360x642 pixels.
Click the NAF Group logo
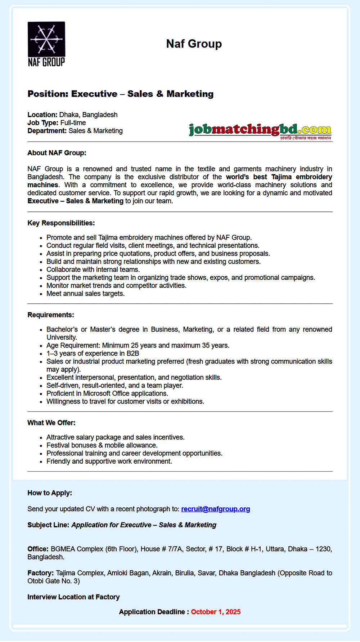(x=46, y=44)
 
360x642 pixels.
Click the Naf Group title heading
(x=194, y=44)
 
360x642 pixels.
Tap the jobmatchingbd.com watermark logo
(x=260, y=130)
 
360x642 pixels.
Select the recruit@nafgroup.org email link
(x=215, y=509)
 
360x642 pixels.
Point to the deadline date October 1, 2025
(x=216, y=612)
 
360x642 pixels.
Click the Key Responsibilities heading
(x=61, y=223)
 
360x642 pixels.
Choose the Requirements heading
(x=51, y=315)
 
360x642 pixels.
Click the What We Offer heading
(x=51, y=423)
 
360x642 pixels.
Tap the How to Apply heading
(x=50, y=493)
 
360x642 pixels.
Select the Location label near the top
(x=42, y=115)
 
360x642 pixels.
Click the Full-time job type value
(x=73, y=123)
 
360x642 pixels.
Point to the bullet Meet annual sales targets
(x=85, y=294)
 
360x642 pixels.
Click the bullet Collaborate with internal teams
(x=93, y=269)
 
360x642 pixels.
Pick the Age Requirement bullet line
(x=138, y=345)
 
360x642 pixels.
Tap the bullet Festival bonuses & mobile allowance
(x=102, y=445)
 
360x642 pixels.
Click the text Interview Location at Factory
(x=73, y=597)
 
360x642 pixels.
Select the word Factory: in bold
(x=41, y=573)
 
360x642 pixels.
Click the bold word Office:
(x=38, y=549)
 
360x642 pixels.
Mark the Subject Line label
(x=48, y=525)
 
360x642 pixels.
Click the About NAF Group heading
(x=57, y=153)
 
